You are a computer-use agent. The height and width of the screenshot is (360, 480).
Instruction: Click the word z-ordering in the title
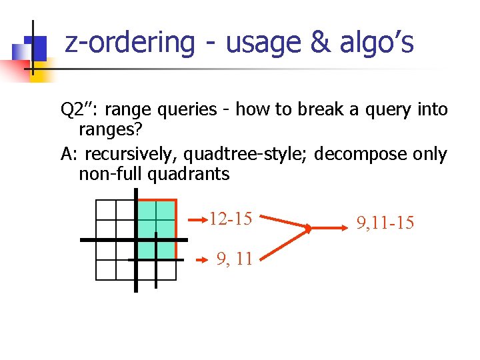tap(129, 42)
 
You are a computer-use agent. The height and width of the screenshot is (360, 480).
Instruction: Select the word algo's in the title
tap(377, 42)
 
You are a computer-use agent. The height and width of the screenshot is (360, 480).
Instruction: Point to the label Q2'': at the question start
tap(79, 109)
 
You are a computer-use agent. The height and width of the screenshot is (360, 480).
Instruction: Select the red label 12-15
tap(230, 219)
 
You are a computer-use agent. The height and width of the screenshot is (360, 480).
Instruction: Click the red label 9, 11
tap(235, 259)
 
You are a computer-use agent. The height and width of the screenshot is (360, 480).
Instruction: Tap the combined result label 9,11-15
tap(385, 222)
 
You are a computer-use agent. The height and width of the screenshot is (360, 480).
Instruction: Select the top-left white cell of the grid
tap(106, 210)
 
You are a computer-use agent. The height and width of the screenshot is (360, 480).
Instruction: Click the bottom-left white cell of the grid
tap(106, 269)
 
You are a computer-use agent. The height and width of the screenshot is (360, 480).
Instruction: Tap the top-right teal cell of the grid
tap(165, 210)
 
